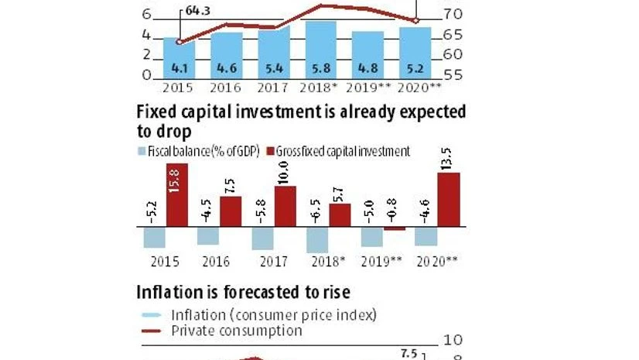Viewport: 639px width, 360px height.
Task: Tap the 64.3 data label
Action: click(x=199, y=10)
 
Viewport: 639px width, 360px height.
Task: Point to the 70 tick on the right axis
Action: click(x=453, y=15)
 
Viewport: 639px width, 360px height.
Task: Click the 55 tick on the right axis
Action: click(x=453, y=75)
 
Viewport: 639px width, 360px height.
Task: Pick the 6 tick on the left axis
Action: click(x=146, y=15)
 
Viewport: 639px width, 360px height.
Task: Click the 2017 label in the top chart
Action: click(x=273, y=88)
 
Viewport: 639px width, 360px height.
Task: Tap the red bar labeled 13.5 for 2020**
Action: click(x=449, y=200)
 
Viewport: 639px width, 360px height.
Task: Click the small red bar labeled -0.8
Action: click(x=395, y=228)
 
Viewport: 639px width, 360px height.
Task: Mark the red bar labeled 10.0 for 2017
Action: click(x=285, y=206)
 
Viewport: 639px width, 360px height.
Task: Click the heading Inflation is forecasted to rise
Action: click(x=243, y=292)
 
